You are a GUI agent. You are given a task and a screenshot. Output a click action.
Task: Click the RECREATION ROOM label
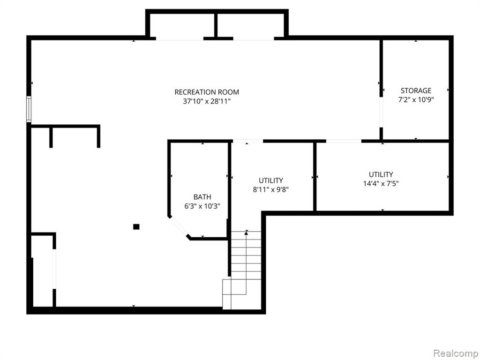click(x=207, y=92)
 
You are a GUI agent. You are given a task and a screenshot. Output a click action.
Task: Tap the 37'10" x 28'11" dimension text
click(x=207, y=101)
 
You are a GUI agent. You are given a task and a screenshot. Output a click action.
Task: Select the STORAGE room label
click(x=416, y=90)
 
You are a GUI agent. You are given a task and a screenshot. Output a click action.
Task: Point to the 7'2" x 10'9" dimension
click(x=416, y=99)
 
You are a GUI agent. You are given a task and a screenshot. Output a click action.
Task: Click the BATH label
click(x=202, y=197)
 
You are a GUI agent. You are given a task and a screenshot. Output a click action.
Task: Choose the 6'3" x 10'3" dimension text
click(x=202, y=206)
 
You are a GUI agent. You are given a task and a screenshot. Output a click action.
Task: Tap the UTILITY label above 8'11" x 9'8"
click(x=270, y=180)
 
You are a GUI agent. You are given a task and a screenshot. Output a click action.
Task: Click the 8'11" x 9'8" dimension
click(x=270, y=189)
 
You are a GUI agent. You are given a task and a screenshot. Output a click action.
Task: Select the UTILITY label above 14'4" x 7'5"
click(x=381, y=174)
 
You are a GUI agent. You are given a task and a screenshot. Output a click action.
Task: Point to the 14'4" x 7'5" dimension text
click(x=381, y=184)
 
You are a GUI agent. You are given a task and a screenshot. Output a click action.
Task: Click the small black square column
click(x=136, y=227)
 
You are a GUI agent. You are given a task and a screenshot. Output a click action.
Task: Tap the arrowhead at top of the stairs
click(x=246, y=233)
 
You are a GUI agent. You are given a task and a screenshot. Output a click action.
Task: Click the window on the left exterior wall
click(x=29, y=109)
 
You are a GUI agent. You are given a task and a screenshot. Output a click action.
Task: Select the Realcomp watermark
click(x=455, y=353)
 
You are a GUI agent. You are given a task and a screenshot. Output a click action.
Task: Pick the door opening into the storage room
click(x=381, y=112)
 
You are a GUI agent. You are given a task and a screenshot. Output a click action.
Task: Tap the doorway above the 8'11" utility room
click(x=247, y=141)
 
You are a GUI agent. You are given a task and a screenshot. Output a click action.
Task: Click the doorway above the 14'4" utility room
click(x=344, y=141)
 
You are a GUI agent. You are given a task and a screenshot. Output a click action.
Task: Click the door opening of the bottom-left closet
click(x=54, y=269)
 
